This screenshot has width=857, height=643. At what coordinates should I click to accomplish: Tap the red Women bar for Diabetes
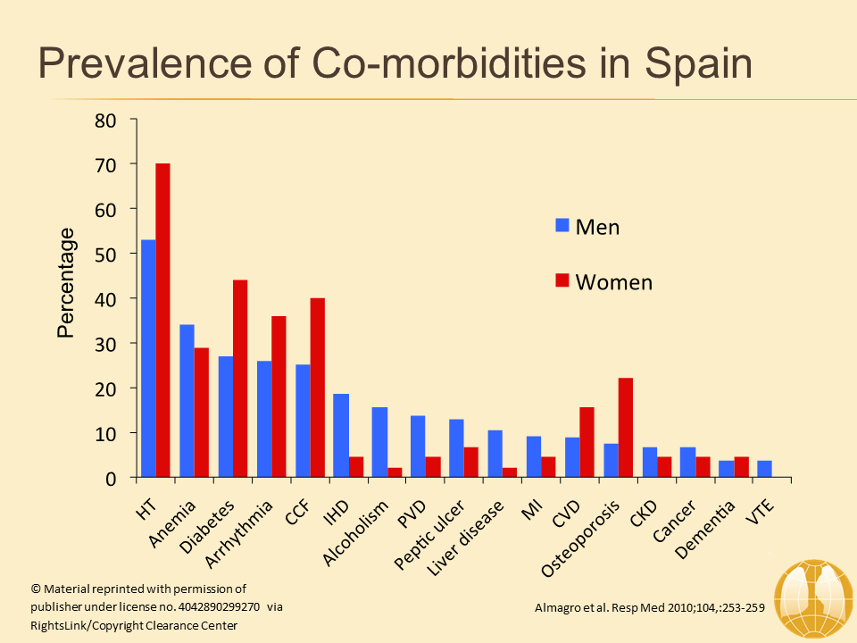[x=239, y=379]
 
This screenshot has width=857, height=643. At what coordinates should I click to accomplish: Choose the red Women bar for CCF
[x=317, y=388]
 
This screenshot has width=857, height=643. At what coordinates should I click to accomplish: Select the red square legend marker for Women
[x=562, y=281]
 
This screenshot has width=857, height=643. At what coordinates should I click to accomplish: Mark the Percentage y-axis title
[x=66, y=282]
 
